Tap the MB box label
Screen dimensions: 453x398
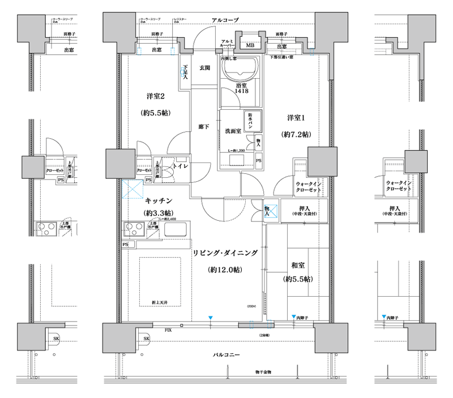(x=249, y=45)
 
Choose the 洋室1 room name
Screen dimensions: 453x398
(x=296, y=118)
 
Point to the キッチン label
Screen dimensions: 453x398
(x=159, y=200)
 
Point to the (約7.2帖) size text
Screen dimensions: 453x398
(x=296, y=135)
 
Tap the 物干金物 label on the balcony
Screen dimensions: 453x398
(x=263, y=371)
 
